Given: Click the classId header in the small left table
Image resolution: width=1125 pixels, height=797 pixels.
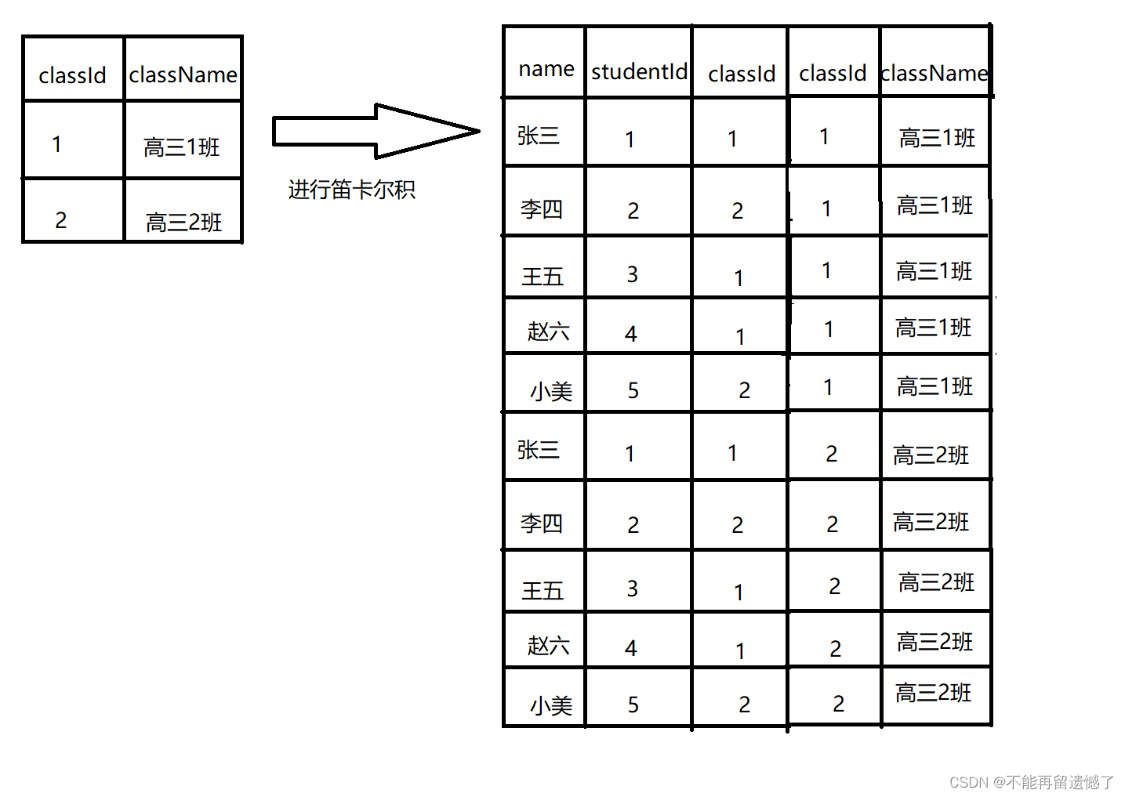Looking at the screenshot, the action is [x=72, y=76].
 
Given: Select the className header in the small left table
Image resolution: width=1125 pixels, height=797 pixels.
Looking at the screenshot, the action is [x=183, y=74].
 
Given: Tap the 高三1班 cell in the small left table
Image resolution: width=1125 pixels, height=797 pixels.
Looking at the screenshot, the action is [x=181, y=147].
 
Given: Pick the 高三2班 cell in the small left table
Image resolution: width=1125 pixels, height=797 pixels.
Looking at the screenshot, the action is [x=183, y=223].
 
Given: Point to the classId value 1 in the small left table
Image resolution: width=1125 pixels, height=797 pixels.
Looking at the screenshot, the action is [x=56, y=144].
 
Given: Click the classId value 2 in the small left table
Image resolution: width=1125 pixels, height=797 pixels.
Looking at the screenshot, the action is [x=61, y=220].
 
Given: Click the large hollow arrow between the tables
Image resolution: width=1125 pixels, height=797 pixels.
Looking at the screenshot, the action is [x=376, y=132].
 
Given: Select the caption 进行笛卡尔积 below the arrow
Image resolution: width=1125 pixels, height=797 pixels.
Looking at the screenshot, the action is [x=351, y=190].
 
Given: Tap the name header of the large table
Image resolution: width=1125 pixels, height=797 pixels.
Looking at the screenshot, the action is [x=546, y=69].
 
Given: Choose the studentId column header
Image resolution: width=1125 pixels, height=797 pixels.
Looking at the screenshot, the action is [x=639, y=72].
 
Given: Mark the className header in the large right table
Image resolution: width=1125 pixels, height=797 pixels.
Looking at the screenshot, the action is [x=934, y=74].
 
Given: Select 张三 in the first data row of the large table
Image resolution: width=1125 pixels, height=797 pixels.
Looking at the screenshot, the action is [x=539, y=136].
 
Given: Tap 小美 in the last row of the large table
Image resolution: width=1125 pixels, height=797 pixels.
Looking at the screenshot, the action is [x=551, y=705].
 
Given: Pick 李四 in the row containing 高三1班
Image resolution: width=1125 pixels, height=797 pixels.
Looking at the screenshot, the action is [x=542, y=208].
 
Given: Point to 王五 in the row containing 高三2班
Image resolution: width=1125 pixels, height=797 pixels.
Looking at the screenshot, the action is [x=543, y=591].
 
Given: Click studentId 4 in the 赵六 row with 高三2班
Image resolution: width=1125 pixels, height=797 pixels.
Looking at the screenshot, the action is [x=631, y=648].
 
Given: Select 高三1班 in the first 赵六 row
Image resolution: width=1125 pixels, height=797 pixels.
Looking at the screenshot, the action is [x=933, y=328].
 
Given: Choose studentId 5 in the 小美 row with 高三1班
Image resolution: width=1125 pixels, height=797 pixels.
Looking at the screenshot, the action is [x=633, y=390].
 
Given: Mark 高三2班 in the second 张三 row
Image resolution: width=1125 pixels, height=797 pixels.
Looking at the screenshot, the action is [x=931, y=455].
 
